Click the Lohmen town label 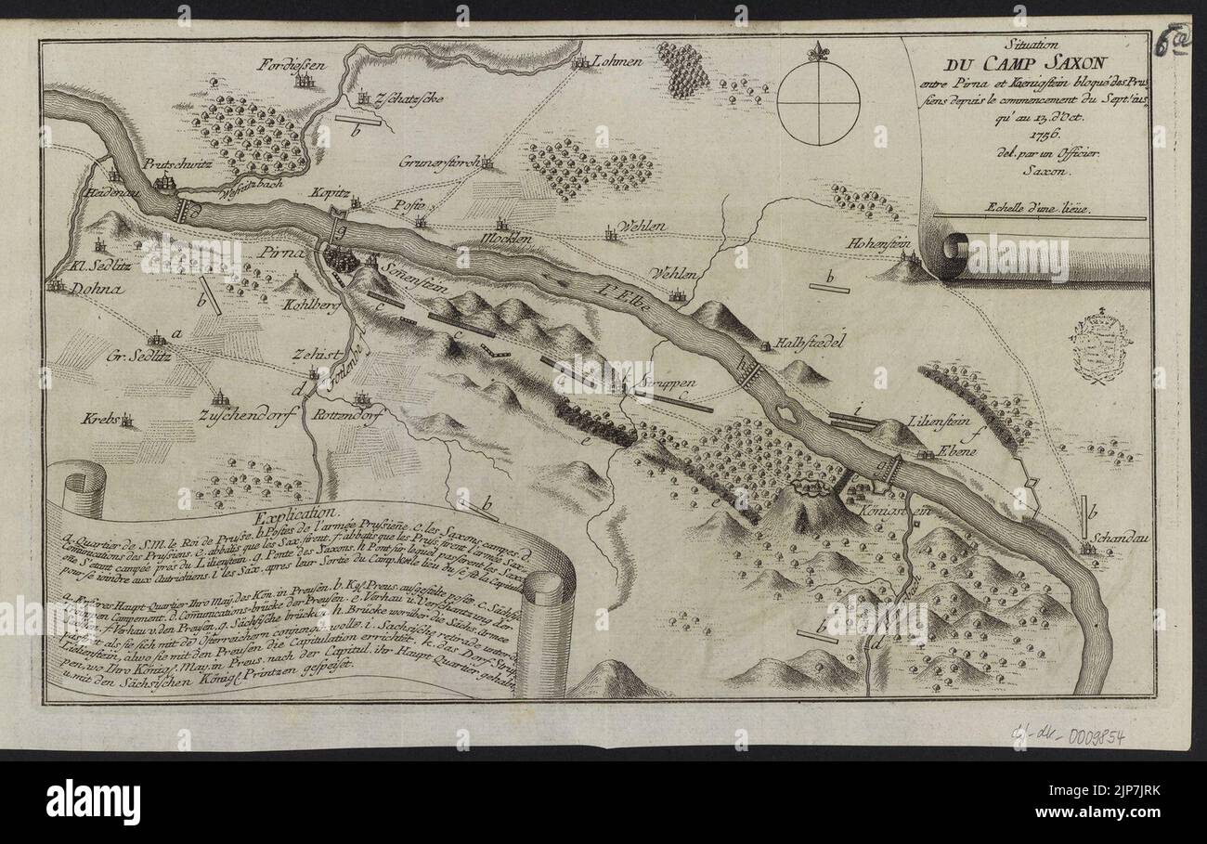click(620, 61)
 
